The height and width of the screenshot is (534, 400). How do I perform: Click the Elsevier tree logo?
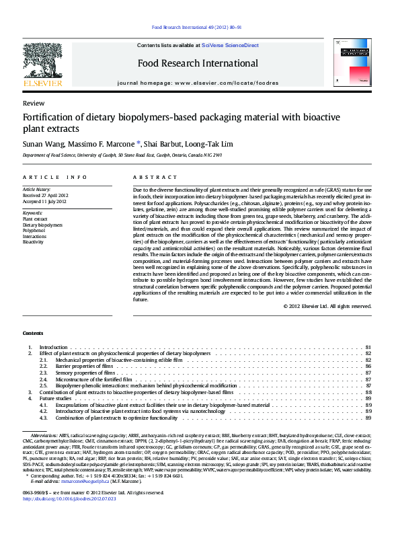[43, 61]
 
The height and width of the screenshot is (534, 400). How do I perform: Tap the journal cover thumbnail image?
[352, 62]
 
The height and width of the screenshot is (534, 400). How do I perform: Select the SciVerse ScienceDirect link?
[231, 45]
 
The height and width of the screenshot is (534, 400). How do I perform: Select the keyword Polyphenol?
[33, 230]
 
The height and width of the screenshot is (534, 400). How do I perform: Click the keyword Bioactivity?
[33, 241]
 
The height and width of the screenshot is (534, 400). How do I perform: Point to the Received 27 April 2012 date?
[46, 196]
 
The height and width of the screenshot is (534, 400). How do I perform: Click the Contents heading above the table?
[33, 334]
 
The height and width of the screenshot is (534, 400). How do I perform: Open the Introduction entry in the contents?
[53, 347]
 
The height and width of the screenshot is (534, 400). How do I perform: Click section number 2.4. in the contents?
[44, 379]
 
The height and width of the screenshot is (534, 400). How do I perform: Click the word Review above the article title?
[34, 104]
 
